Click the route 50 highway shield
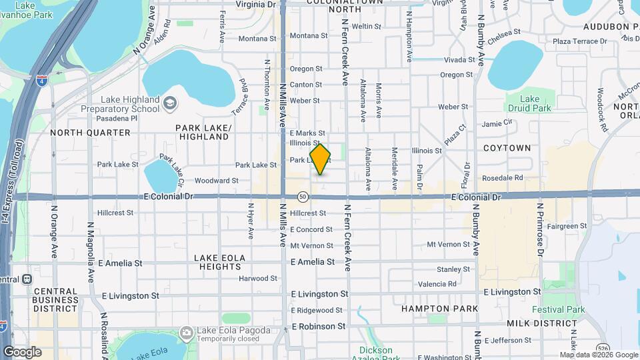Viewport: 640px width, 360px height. tap(303, 197)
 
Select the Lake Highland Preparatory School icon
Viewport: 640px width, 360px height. tap(170, 102)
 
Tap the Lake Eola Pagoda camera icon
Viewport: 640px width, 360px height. tap(186, 331)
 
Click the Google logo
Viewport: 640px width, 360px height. tap(22, 351)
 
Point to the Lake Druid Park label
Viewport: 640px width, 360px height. tap(530, 103)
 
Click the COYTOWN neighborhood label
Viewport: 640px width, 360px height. tap(507, 148)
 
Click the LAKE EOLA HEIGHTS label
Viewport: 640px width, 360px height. tap(220, 262)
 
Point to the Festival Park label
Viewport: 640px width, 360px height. tap(558, 309)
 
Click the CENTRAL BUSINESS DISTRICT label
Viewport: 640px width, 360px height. tap(56, 300)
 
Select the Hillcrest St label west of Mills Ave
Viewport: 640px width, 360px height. tap(115, 213)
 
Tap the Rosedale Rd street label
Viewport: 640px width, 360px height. tap(502, 178)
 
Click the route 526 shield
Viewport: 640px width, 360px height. tap(585, 347)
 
